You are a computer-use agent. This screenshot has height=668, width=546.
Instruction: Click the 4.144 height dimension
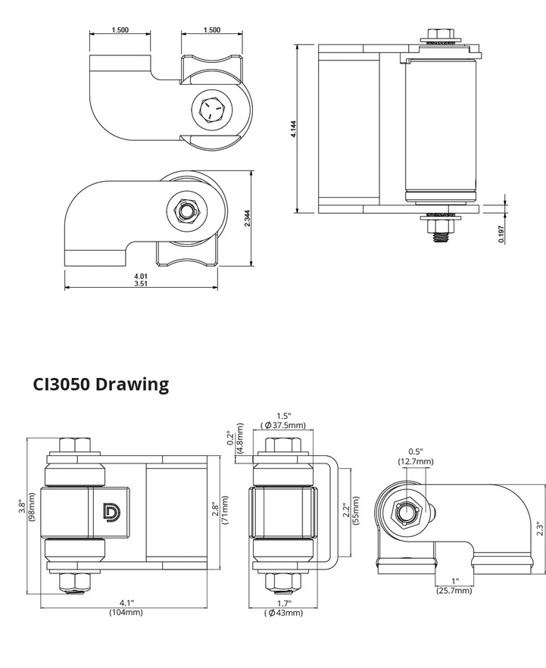pos(293,129)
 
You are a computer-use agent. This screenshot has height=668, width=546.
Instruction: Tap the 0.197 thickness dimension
pos(501,235)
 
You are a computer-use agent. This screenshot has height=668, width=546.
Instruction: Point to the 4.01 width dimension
pos(140,278)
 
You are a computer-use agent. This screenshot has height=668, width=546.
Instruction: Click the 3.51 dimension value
pos(140,285)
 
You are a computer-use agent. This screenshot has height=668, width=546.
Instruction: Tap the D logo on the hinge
pos(111,513)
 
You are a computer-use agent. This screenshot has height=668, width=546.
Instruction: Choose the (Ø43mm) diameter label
pos(285,612)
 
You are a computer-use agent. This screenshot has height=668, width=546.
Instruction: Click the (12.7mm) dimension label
pos(416,460)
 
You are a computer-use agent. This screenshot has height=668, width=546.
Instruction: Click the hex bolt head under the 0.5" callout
pos(405,514)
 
